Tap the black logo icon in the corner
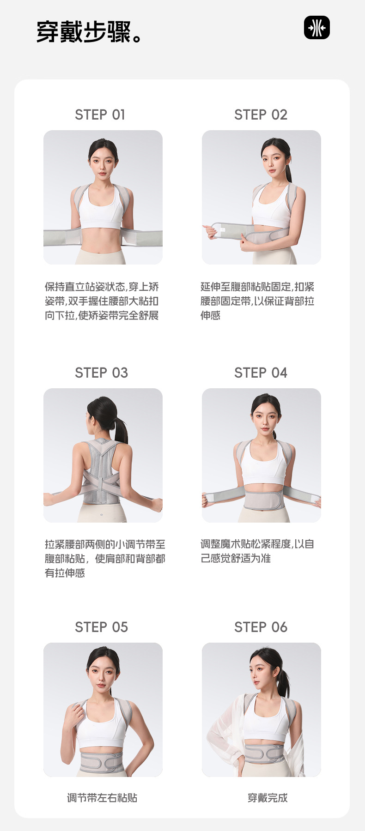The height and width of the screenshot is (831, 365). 317,27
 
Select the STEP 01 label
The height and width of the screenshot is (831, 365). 100,114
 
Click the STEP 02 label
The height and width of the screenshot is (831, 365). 261,114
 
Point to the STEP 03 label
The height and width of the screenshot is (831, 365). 101,373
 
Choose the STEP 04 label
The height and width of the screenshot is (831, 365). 261,373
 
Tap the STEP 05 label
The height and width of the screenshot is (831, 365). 101,627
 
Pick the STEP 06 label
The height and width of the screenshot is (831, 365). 261,627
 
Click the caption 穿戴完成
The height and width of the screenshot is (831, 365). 268,798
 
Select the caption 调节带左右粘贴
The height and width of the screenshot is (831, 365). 102,798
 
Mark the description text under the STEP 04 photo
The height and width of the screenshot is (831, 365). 257,551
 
